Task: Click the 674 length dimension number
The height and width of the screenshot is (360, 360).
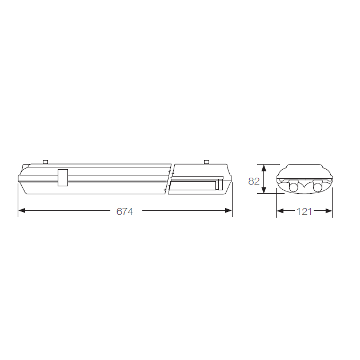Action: pyautogui.click(x=125, y=211)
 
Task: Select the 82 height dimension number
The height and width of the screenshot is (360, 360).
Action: pyautogui.click(x=254, y=181)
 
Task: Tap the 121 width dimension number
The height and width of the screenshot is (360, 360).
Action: pyautogui.click(x=304, y=211)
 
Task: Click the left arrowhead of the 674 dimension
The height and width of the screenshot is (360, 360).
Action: pyautogui.click(x=22, y=210)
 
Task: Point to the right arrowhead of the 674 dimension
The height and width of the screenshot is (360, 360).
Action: pyautogui.click(x=229, y=210)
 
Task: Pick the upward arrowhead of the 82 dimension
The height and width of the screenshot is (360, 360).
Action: pyautogui.click(x=264, y=168)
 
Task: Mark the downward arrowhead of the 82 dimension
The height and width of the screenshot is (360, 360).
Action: pyautogui.click(x=264, y=190)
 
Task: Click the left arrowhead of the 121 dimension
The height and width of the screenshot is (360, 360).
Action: pyautogui.click(x=280, y=211)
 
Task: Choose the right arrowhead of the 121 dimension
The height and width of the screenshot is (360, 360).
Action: pyautogui.click(x=329, y=211)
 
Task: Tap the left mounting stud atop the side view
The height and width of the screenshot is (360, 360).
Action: pyautogui.click(x=46, y=162)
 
